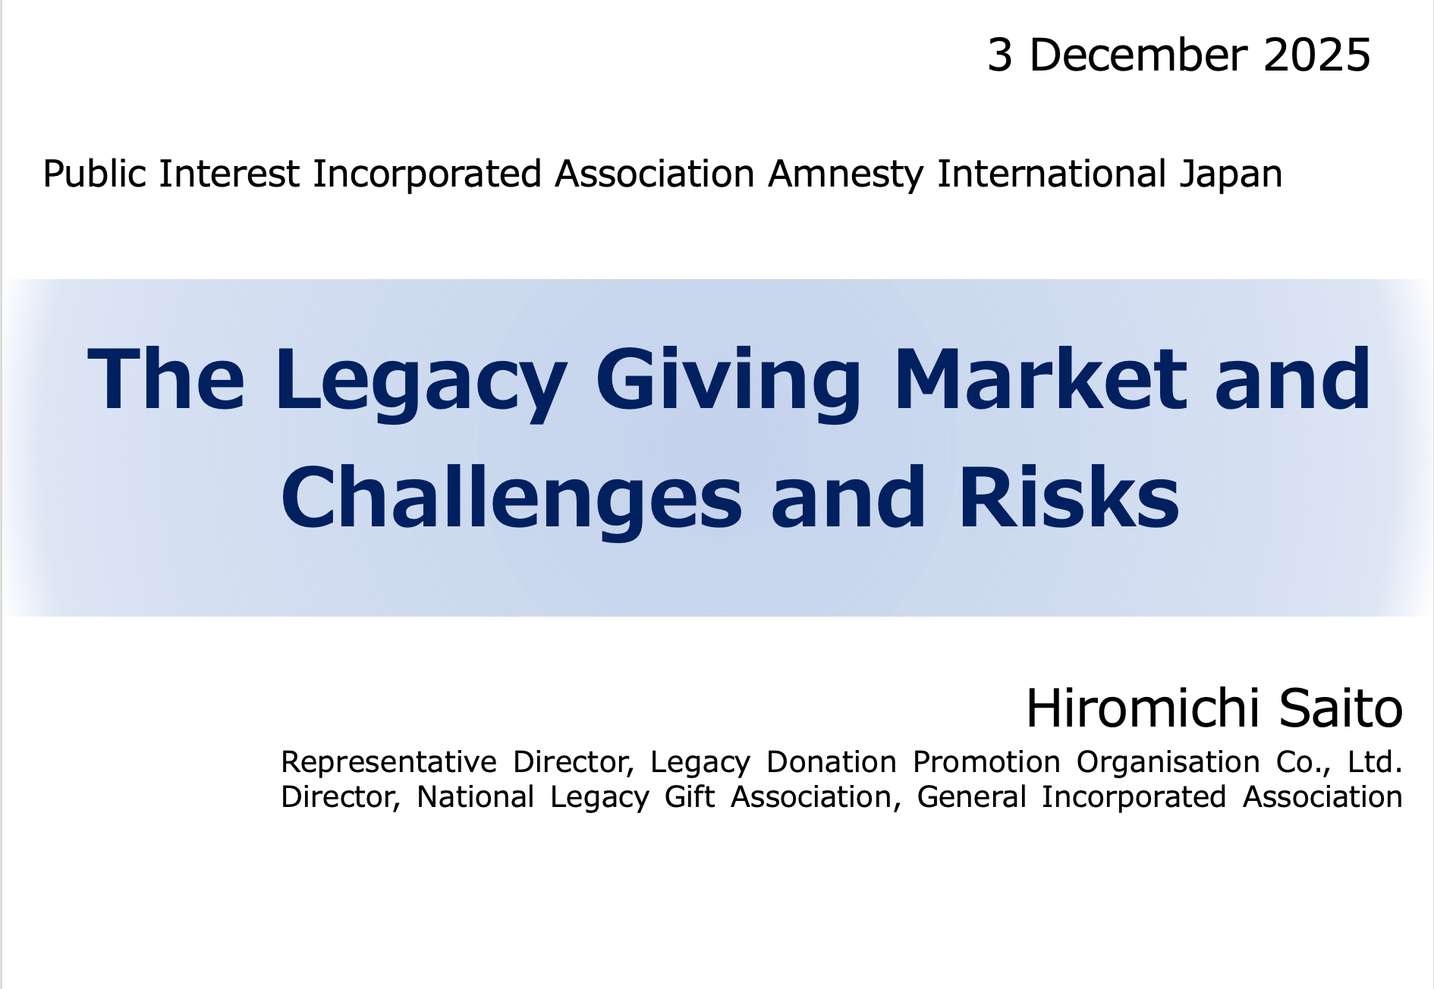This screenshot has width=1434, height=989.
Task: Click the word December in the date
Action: point(1137,55)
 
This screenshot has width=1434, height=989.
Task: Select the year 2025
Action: point(1317,55)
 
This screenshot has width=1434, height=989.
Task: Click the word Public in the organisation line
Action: point(94,174)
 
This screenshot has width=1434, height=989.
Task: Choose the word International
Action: point(1051,174)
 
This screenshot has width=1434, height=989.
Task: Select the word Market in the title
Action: point(1040,378)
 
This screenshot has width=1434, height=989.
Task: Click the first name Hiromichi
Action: point(1143,708)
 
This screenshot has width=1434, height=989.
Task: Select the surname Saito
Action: point(1341,708)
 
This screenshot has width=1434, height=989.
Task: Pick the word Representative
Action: point(388,762)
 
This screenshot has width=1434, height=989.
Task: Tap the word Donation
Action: point(831,761)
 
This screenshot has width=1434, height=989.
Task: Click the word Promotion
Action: point(986,761)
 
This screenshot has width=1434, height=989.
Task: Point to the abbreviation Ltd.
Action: point(1375,761)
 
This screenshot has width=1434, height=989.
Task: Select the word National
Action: point(476,796)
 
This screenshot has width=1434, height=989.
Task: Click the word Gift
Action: point(690,796)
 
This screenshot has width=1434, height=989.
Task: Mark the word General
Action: point(971,796)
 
